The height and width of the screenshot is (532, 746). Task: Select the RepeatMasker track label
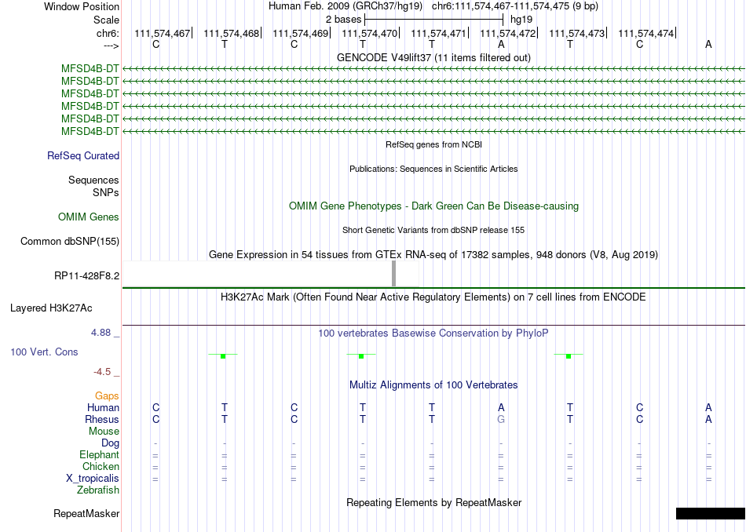coord(86,514)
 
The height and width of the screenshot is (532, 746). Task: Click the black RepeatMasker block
coord(710,514)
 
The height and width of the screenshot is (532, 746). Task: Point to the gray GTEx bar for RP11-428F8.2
coord(393,275)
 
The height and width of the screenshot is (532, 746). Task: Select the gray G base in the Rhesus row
coord(501,419)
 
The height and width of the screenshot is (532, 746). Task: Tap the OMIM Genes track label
coord(89,217)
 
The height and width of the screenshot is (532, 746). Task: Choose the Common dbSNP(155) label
coord(70,241)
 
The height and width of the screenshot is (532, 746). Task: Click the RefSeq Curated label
coord(83,155)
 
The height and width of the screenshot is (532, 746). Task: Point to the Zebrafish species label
coord(98,490)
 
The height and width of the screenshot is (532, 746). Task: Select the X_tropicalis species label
coord(93,479)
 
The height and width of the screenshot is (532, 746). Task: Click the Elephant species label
coord(99,455)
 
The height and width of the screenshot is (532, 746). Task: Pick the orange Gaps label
coord(107,396)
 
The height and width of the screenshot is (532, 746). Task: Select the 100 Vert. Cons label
coord(44,352)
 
